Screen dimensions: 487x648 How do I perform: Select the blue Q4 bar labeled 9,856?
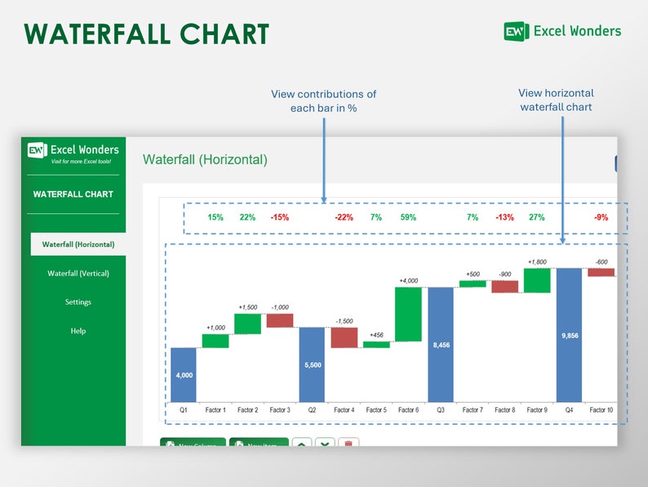569,335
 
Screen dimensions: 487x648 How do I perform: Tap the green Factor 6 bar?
408,314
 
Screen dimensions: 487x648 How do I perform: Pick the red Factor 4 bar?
344,337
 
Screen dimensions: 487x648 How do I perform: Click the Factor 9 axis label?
536,409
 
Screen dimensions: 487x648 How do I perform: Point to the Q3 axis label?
441,409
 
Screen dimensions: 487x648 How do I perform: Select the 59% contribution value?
408,217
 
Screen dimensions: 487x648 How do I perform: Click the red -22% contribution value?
344,217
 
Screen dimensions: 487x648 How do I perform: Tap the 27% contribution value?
536,217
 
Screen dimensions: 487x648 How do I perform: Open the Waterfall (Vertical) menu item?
78,273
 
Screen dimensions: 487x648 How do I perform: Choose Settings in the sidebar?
78,302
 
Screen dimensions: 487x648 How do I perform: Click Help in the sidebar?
78,331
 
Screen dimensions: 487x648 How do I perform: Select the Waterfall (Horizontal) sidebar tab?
78,244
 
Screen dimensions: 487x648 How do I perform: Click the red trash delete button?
348,444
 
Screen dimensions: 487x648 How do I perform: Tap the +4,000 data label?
408,281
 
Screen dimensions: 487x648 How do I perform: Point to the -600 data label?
601,261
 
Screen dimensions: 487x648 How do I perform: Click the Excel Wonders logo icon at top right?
516,32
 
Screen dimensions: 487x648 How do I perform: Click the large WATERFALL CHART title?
147,34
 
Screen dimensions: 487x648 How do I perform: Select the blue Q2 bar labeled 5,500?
312,364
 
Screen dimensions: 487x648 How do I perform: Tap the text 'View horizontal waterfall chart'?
556,100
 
